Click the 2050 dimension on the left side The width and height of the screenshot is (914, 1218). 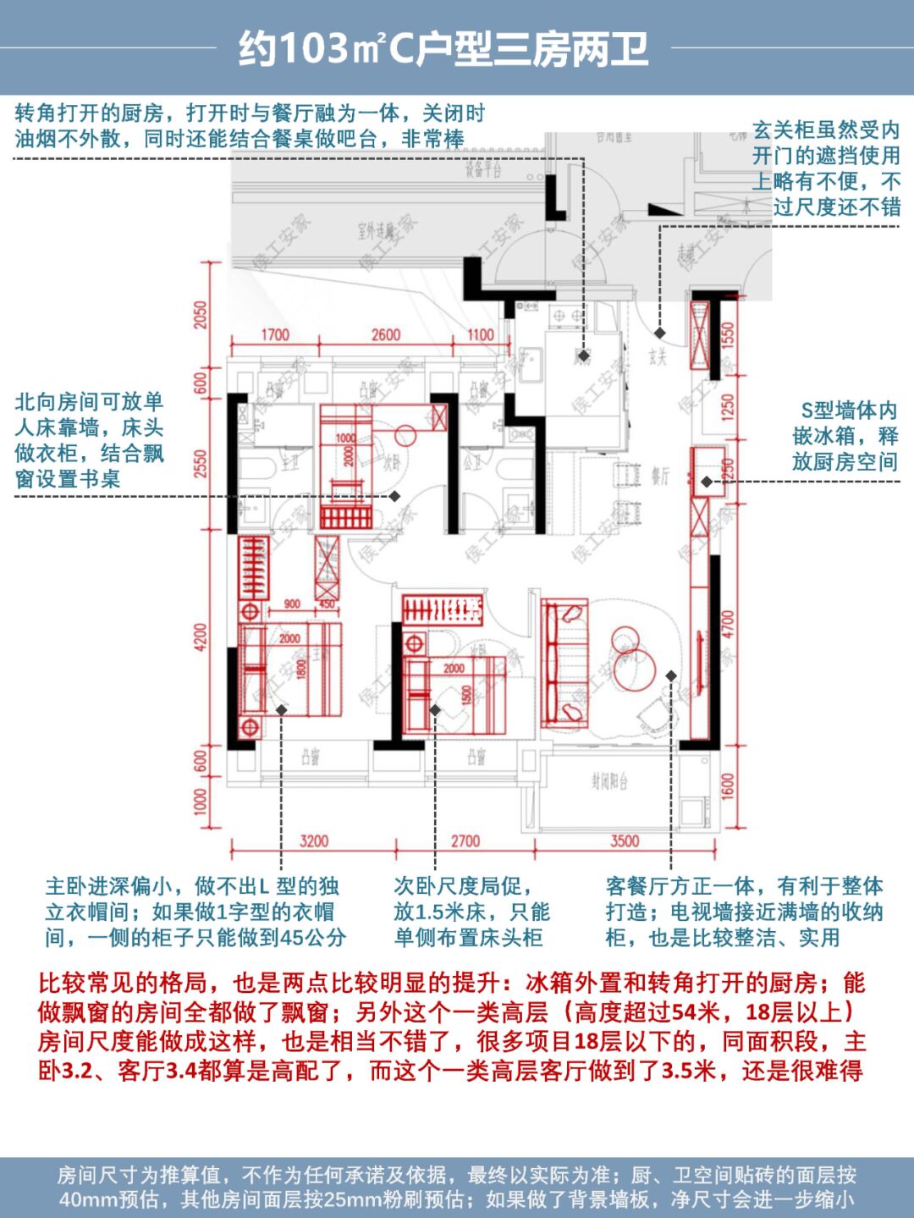pos(201,316)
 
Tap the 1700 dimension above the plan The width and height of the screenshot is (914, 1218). pos(274,335)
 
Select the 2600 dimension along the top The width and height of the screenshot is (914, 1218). pos(385,335)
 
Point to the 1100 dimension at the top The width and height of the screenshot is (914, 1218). pos(480,335)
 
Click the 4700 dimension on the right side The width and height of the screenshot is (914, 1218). pos(729,626)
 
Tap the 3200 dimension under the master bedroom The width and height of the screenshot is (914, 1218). pos(314,841)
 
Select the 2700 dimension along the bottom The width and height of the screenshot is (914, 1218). pos(465,841)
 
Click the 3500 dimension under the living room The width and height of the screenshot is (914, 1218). pos(625,841)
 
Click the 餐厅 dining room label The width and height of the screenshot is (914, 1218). pos(660,477)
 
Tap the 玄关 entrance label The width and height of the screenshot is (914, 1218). pos(658,356)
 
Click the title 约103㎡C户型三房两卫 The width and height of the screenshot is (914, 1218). pos(443,49)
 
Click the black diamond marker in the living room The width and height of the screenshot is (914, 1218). pos(670,675)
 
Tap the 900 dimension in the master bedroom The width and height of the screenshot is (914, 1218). pos(292,604)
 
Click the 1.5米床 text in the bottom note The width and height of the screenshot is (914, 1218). pos(469,912)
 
